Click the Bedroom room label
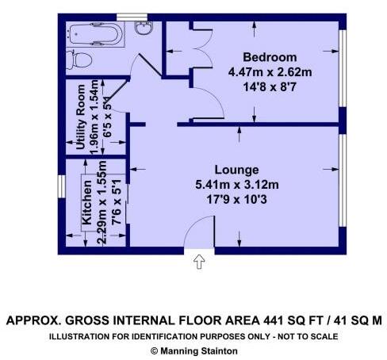click(270, 57)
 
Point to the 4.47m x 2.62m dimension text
click(270, 71)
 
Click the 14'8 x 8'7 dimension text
click(270, 85)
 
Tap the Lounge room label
click(236, 170)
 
